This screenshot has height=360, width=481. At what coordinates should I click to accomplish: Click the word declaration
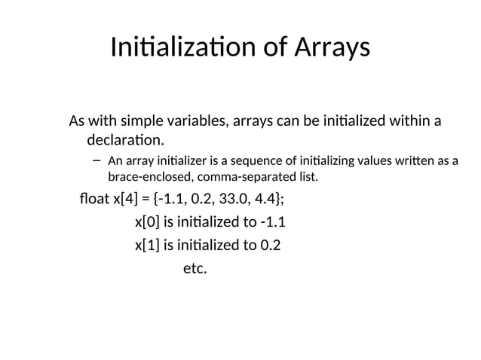[125, 140]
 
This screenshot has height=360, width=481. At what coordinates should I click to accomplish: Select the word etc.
[195, 267]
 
